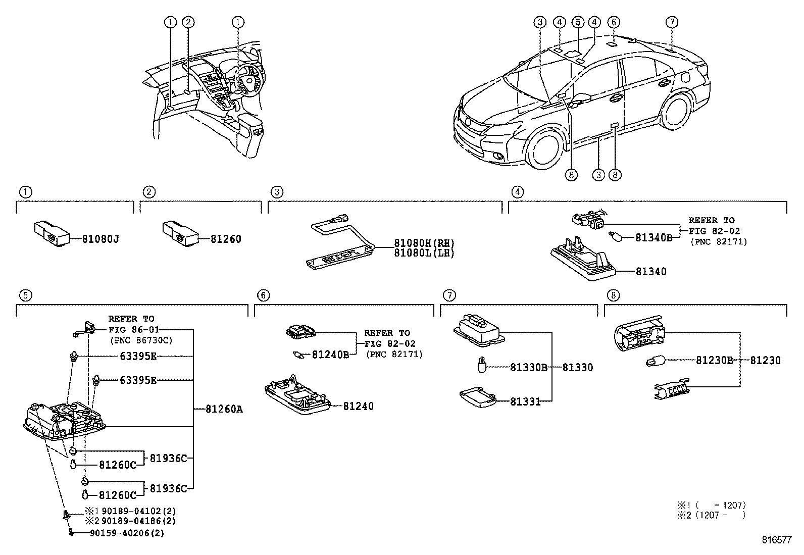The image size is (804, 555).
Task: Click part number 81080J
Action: tap(101, 239)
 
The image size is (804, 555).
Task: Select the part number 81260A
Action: tap(224, 409)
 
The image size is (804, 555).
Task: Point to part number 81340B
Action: tap(654, 238)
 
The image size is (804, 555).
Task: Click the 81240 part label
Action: tap(358, 407)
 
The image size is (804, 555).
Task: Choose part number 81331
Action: tap(525, 402)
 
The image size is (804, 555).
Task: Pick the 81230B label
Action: tap(714, 361)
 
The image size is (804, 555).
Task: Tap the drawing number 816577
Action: tap(777, 540)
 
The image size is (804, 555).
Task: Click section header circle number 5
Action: tap(25, 295)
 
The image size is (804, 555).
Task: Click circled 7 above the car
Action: tap(671, 22)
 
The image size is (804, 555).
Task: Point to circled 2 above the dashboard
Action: tap(188, 22)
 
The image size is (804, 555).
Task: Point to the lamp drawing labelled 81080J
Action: tap(51, 233)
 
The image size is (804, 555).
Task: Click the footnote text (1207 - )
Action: tap(721, 515)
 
